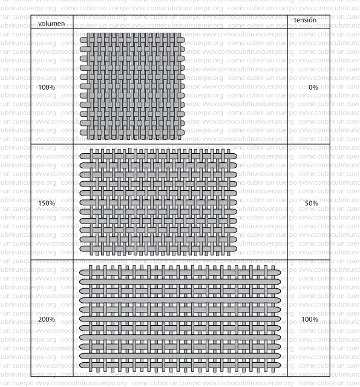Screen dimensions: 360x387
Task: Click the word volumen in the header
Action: tap(51, 24)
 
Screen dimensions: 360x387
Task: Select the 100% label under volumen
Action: tap(47, 87)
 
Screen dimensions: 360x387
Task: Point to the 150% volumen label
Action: tap(47, 203)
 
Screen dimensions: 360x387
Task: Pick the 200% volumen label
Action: tap(47, 319)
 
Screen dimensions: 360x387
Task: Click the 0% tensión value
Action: tap(313, 87)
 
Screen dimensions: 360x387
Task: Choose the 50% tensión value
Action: tap(312, 203)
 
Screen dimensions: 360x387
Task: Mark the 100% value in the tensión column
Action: tap(310, 319)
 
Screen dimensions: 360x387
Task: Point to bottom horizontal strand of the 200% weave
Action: tap(180, 367)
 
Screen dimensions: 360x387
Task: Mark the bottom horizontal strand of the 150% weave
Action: tap(159, 248)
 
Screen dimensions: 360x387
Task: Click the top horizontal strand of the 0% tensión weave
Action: tap(133, 38)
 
